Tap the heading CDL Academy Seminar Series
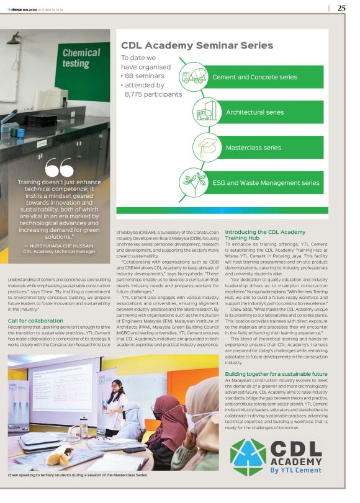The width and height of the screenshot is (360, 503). click(197, 45)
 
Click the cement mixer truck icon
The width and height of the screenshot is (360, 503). click(193, 77)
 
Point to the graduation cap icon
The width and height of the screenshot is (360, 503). click(206, 148)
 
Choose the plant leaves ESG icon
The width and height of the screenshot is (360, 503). click(193, 183)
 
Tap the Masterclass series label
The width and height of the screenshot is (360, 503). click(253, 148)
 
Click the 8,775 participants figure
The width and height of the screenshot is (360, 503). click(153, 94)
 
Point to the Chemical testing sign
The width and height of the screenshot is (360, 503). click(81, 58)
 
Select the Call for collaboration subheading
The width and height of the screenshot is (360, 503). click(35, 320)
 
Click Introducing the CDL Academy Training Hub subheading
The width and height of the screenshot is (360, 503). click(265, 234)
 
